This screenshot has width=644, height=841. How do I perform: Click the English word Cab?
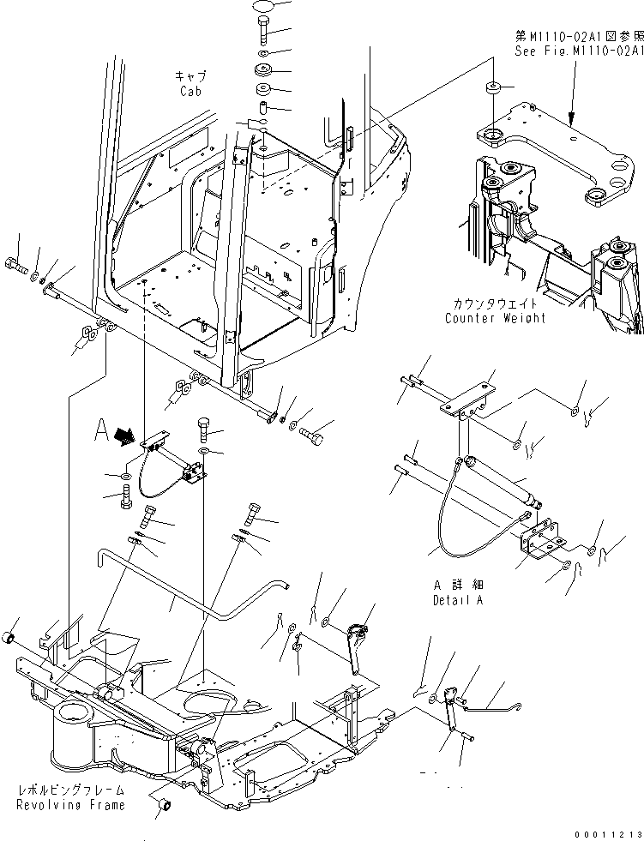click(190, 91)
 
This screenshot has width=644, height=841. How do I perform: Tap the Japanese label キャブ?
click(190, 76)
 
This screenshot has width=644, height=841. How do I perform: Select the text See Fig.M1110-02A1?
click(579, 51)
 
